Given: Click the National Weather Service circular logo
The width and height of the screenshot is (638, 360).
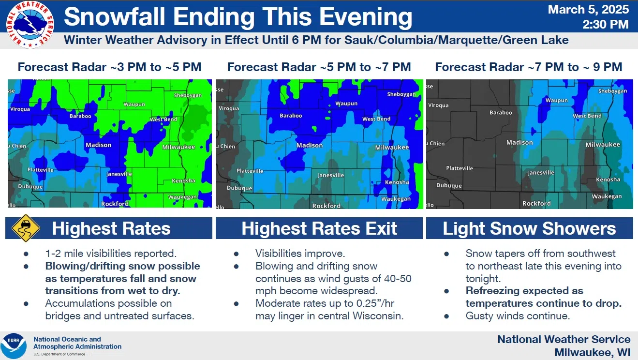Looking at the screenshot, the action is click(x=30, y=25).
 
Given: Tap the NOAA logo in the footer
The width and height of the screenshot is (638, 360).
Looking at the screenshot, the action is click(x=14, y=346).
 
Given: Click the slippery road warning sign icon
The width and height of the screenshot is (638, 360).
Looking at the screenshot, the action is click(x=26, y=228).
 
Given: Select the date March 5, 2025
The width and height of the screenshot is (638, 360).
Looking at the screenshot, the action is click(x=589, y=10).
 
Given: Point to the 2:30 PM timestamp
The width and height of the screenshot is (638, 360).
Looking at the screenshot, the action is click(x=606, y=25).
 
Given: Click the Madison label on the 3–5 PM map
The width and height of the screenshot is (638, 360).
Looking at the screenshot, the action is click(x=99, y=145).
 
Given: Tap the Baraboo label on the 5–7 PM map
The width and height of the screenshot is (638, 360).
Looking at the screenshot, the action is click(x=291, y=116).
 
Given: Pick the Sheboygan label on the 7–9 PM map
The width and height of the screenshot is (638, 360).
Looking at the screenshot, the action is click(x=613, y=91).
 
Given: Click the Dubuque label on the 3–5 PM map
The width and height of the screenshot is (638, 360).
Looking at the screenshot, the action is click(x=30, y=187).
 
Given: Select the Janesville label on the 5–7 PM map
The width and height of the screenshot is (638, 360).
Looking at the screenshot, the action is click(x=331, y=176).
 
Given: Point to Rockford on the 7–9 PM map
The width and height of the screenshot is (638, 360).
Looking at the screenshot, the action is click(x=536, y=203).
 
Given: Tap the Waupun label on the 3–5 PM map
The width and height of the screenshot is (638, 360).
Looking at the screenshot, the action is click(x=134, y=105).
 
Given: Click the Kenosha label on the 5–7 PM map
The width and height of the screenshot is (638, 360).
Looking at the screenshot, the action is click(x=397, y=182).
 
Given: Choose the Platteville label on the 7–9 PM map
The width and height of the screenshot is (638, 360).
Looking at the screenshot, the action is click(x=460, y=168).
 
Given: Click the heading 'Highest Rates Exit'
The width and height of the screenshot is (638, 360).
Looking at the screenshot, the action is click(x=319, y=228).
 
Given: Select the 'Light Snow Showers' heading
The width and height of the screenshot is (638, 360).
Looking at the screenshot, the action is click(x=529, y=228).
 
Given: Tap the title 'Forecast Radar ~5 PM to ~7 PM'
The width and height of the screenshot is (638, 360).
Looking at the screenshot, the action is click(x=319, y=67).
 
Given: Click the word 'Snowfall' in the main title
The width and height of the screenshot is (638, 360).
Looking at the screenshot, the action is click(x=115, y=16).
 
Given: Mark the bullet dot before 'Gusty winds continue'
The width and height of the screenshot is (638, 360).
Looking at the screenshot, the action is click(x=446, y=316).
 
